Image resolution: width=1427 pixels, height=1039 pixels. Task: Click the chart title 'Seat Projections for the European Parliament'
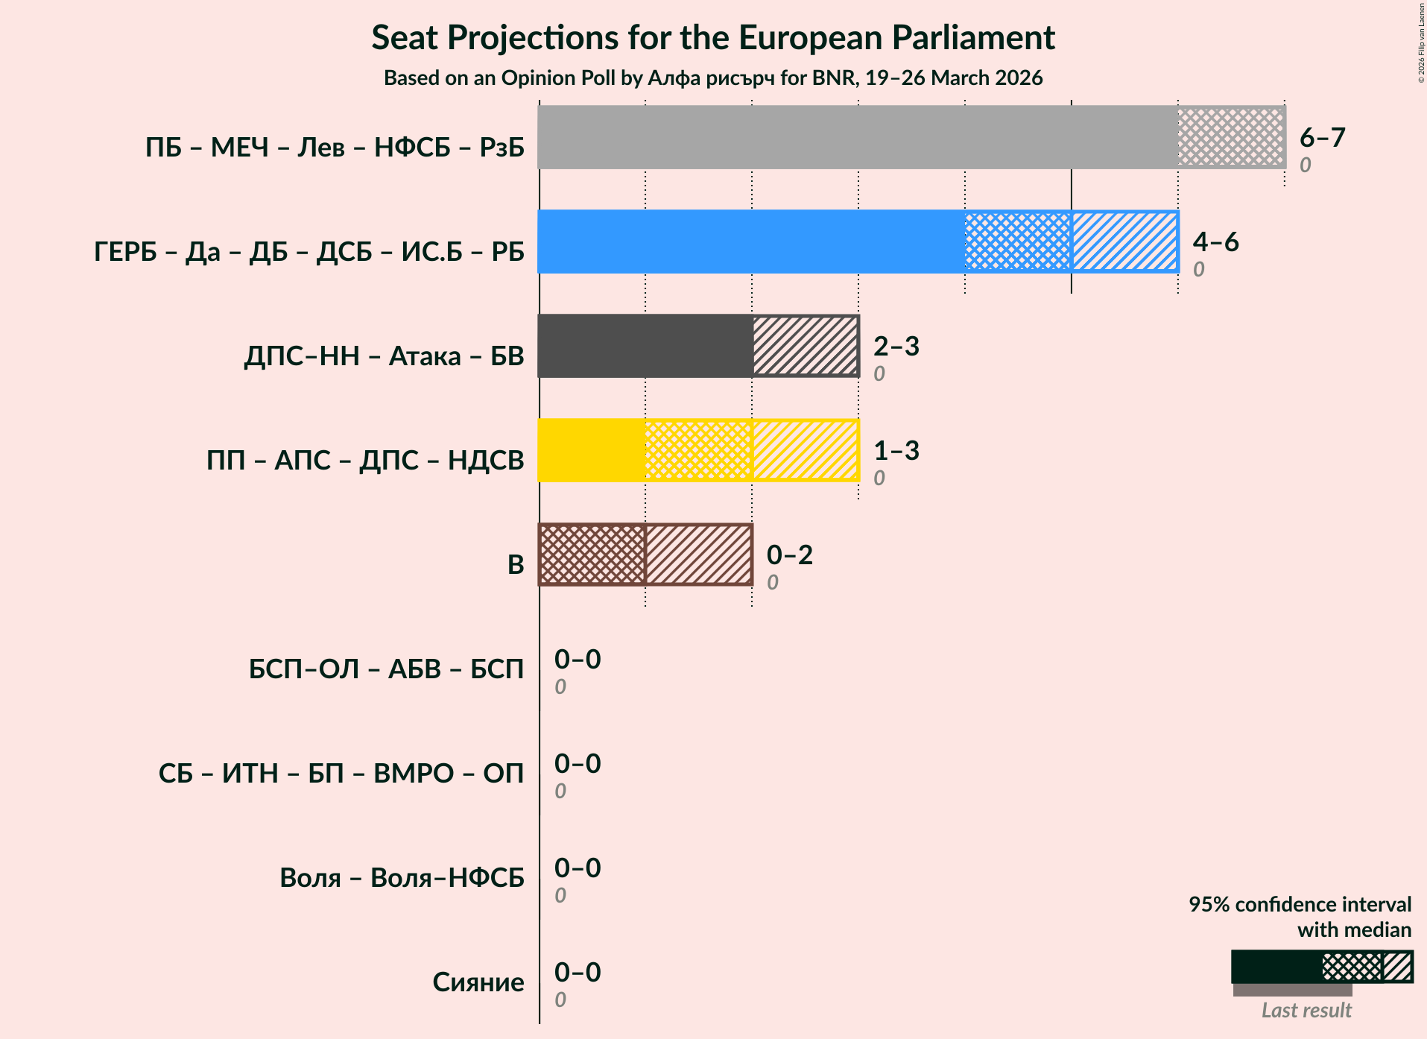(713, 37)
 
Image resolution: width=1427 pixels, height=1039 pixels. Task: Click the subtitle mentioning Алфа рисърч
(713, 78)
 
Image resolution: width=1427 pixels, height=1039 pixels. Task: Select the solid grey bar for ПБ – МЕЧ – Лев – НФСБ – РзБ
(857, 137)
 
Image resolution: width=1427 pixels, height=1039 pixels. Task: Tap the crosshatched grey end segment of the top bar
(1231, 137)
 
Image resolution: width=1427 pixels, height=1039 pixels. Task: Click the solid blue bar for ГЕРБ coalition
(750, 241)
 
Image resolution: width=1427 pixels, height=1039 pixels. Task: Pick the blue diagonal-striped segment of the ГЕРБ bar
(1124, 241)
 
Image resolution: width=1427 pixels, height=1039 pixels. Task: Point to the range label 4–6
(1215, 241)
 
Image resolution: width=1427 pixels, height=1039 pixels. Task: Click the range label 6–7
(1322, 137)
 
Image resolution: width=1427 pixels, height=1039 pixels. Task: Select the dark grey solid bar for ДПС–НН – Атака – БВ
(645, 346)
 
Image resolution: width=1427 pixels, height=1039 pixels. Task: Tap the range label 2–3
(896, 346)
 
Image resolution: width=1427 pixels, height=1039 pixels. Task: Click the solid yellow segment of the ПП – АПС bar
(592, 450)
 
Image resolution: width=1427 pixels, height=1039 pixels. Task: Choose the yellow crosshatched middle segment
(698, 450)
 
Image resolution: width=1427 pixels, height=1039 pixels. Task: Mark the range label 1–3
(896, 450)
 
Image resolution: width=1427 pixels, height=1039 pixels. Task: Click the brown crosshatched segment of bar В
(592, 555)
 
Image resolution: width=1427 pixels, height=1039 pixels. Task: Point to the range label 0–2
(789, 555)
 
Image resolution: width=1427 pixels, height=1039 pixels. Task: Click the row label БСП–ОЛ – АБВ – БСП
(386, 669)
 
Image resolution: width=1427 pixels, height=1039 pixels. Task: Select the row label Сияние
(478, 982)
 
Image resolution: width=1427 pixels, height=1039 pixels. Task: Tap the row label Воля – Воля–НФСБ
(402, 877)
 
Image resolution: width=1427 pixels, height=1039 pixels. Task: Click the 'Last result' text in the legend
(1306, 1010)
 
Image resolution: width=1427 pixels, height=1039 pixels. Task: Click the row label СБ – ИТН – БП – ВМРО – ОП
(341, 773)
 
